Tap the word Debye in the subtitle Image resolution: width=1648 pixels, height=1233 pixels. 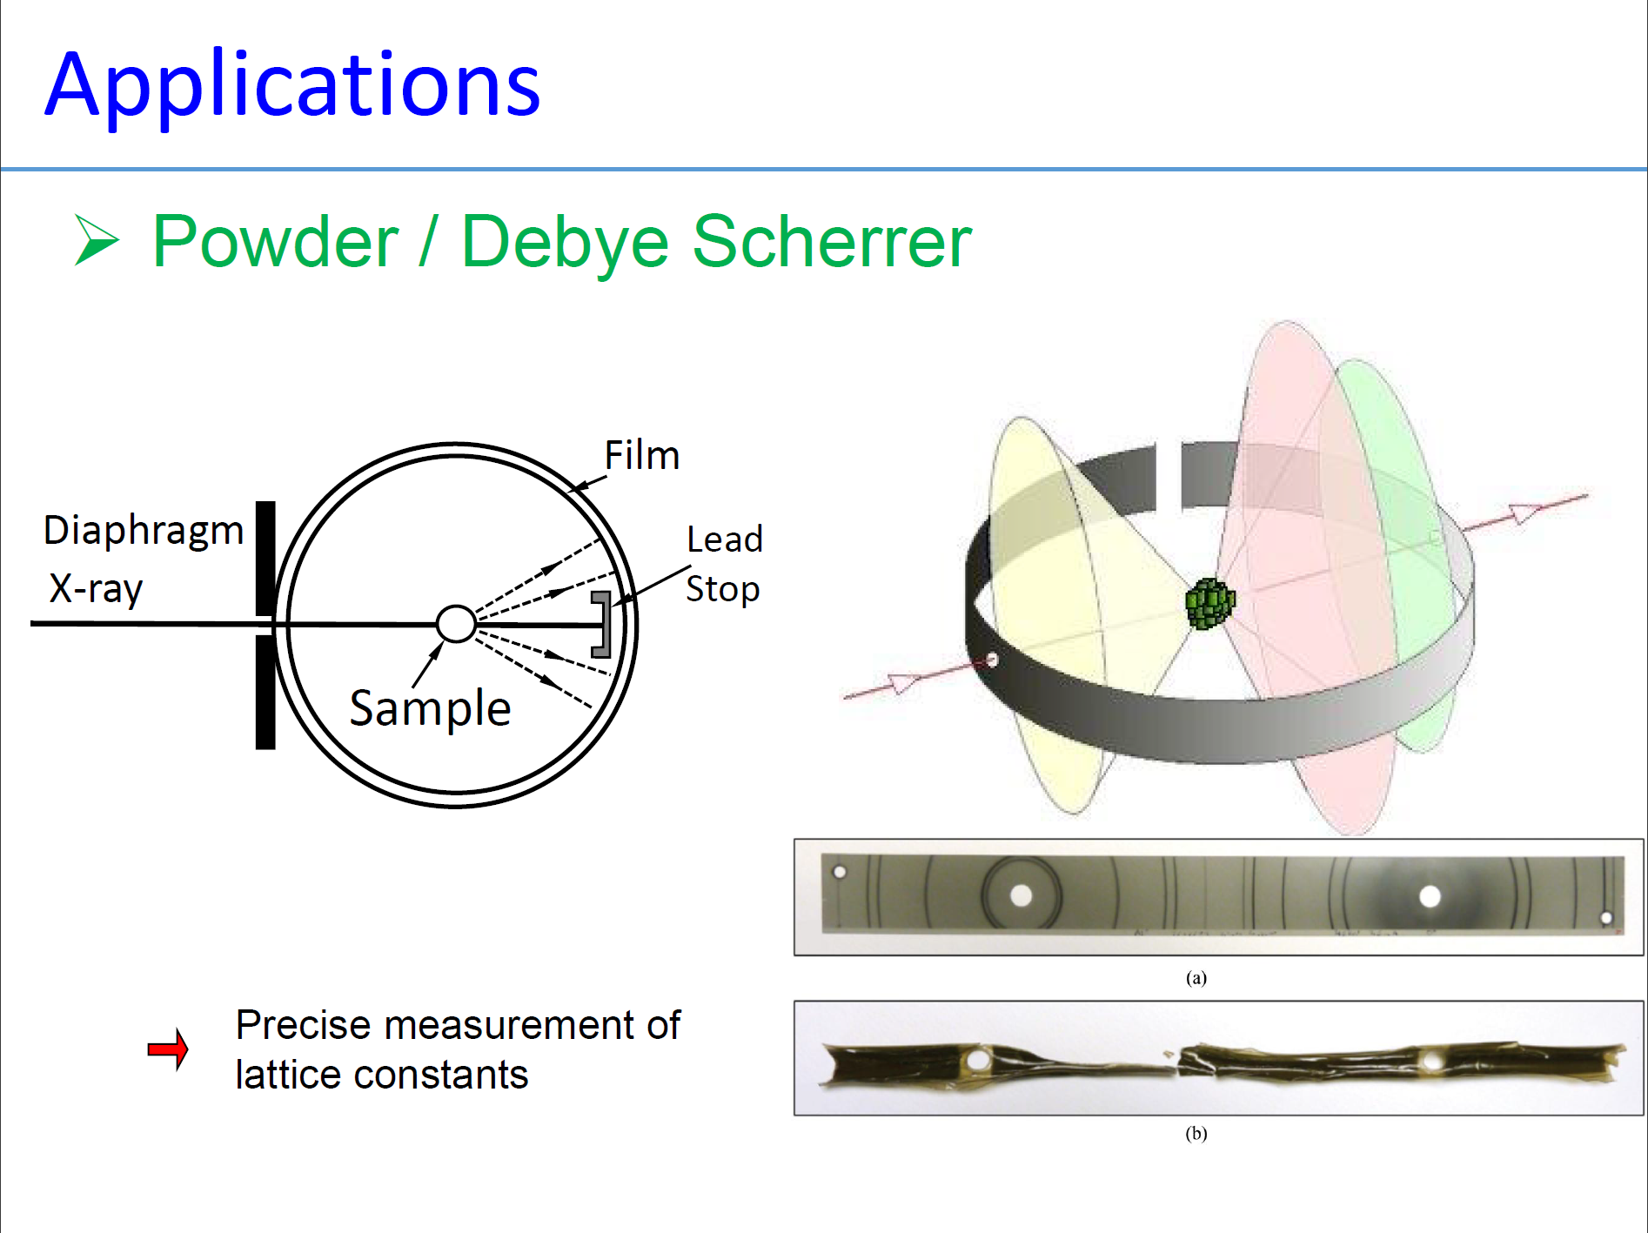[565, 243]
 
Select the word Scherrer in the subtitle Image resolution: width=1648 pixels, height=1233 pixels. [832, 242]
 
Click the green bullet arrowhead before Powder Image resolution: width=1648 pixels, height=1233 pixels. [97, 239]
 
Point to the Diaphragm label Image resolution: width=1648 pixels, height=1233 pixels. [144, 531]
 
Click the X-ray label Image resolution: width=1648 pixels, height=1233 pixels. [96, 589]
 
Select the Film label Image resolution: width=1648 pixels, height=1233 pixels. [642, 455]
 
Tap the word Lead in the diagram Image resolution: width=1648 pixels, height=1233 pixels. [725, 539]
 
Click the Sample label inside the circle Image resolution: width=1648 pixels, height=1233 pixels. [430, 709]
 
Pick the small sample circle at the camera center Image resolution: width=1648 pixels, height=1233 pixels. [456, 624]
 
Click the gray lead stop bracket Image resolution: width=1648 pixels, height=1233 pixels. [602, 624]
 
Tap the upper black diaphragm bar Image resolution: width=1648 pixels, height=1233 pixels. [265, 558]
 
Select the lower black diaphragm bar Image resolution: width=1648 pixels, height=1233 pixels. [265, 692]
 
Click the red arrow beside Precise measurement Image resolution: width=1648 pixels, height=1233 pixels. [168, 1049]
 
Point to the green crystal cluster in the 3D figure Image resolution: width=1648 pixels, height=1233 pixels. [1210, 603]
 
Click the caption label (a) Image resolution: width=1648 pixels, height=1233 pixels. [1196, 978]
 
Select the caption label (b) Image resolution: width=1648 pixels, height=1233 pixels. [1196, 1133]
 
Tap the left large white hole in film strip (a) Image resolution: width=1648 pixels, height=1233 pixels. [1021, 895]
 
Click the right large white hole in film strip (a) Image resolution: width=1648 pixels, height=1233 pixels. [1430, 896]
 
